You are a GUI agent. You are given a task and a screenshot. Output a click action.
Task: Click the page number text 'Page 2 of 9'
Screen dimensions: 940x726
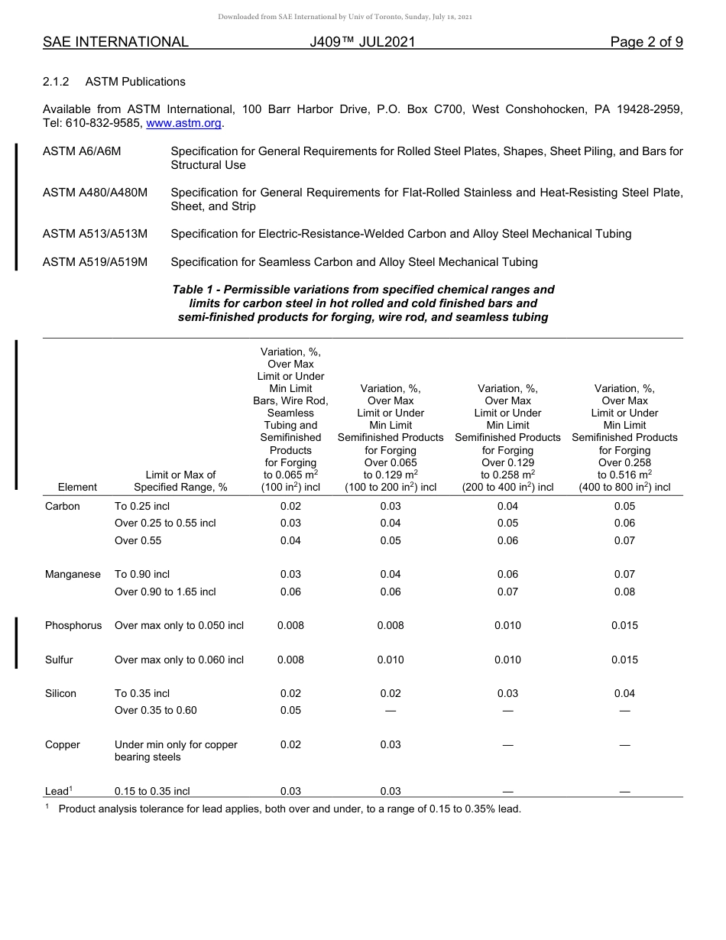pyautogui.click(x=646, y=43)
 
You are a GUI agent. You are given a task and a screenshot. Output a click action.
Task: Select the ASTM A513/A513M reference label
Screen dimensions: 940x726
pyautogui.click(x=96, y=234)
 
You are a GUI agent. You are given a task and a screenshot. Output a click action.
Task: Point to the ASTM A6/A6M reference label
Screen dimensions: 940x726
pyautogui.click(x=82, y=151)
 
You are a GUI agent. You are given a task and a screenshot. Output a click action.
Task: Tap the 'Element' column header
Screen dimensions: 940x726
pyautogui.click(x=77, y=487)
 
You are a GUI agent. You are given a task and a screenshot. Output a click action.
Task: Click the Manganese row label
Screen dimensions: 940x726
pyautogui.click(x=73, y=574)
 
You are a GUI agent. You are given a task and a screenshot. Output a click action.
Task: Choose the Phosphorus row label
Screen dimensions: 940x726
pyautogui.click(x=73, y=625)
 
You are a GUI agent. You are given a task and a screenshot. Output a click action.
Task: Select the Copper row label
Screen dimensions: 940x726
pyautogui.click(x=63, y=744)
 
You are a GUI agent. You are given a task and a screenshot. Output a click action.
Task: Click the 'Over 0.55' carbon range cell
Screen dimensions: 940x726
pyautogui.click(x=138, y=540)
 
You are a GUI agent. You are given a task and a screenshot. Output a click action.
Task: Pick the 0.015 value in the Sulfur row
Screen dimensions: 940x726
pyautogui.click(x=624, y=660)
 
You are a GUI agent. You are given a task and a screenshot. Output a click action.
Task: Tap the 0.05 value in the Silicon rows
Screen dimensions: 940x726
pyautogui.click(x=290, y=710)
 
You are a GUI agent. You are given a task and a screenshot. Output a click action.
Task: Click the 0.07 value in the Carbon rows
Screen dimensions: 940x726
pyautogui.click(x=624, y=540)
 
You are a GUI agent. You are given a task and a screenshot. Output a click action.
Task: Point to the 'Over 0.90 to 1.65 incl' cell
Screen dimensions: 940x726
pyautogui.click(x=165, y=592)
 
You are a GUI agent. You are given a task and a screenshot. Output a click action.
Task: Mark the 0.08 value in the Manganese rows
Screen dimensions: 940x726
pyautogui.click(x=624, y=592)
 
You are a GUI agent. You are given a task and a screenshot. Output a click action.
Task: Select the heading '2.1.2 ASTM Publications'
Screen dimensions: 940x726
pyautogui.click(x=114, y=82)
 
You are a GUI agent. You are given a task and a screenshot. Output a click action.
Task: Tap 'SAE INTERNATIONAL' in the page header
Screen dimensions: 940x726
pyautogui.click(x=115, y=43)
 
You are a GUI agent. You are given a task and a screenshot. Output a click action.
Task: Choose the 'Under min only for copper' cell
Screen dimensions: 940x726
pyautogui.click(x=176, y=744)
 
